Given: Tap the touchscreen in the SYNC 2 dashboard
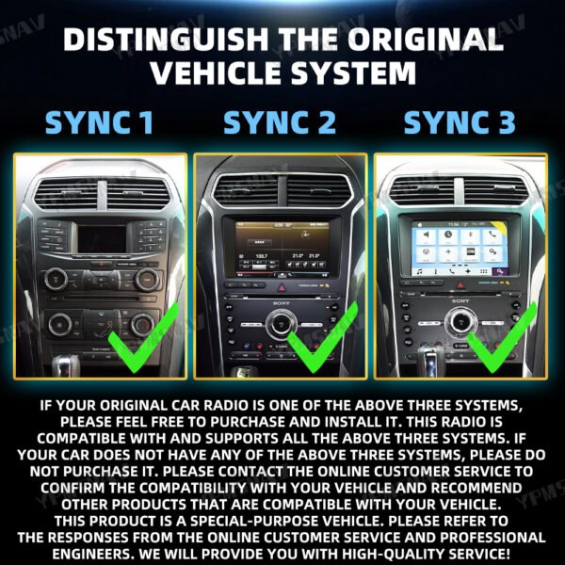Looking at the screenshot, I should point(281,247).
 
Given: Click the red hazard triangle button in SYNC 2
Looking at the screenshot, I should point(281,283).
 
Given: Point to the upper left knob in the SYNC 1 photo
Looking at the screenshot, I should point(56,277).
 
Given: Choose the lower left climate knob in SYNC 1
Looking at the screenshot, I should point(58,324).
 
